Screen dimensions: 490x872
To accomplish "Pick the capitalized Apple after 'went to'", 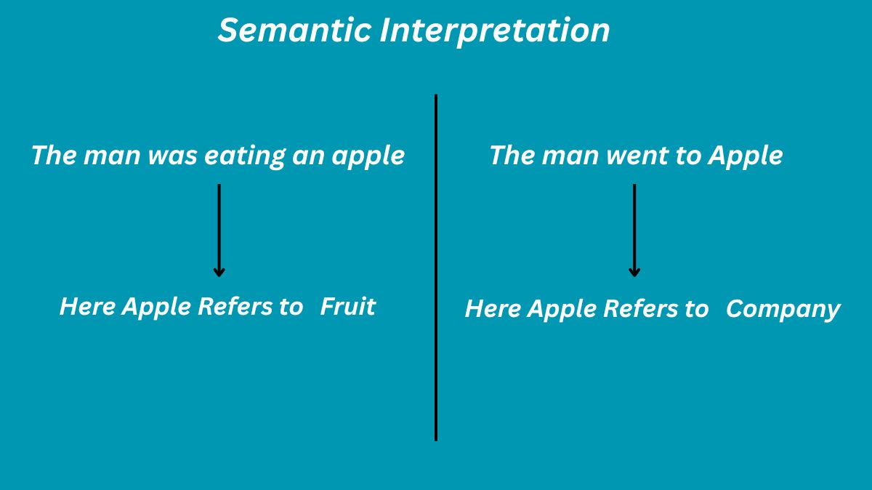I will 746,156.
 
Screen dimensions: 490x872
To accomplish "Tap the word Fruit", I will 348,306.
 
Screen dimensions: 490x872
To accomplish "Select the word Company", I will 783,310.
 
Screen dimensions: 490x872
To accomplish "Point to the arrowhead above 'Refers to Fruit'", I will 219,272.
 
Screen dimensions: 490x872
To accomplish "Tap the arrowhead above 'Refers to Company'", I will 634,272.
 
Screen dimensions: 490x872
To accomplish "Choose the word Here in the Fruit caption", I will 87,306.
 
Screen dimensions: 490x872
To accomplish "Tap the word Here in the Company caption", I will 493,309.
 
